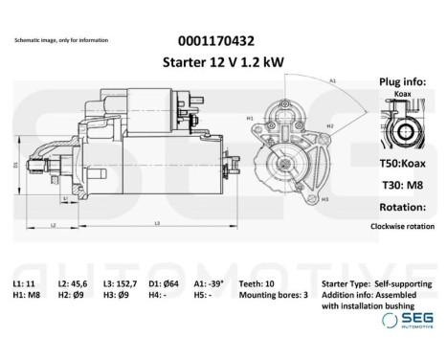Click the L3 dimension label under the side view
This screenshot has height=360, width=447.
156,223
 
